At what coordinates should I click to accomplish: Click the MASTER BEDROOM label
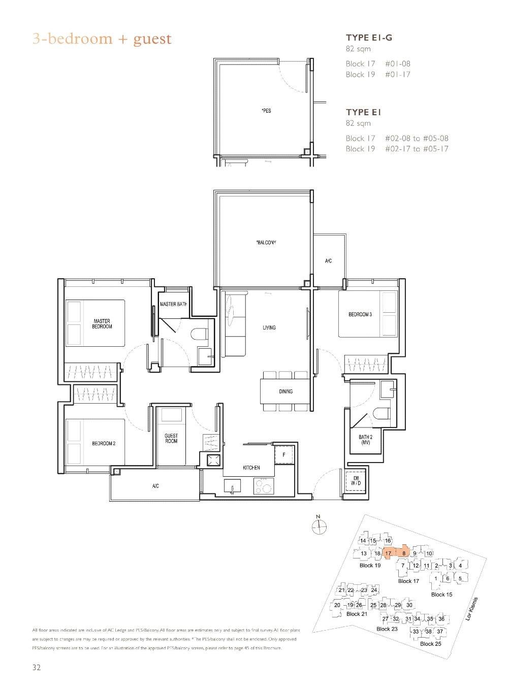point(102,323)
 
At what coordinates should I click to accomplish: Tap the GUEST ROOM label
point(171,439)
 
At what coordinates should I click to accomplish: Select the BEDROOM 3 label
point(360,315)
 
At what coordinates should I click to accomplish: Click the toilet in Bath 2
point(380,413)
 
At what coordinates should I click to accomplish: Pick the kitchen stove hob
point(263,486)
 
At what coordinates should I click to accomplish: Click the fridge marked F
point(283,454)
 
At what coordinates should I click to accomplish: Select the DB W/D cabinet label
point(355,481)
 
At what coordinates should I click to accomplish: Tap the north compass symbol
point(319,528)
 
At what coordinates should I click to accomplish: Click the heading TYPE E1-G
point(369,38)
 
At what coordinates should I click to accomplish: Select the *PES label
point(266,111)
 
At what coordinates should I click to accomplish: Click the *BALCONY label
point(266,243)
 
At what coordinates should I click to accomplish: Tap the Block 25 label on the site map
point(430,644)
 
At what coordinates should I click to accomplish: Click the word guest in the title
point(152,39)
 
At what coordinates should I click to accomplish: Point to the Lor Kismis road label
point(472,609)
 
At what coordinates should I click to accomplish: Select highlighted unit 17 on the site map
point(388,553)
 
